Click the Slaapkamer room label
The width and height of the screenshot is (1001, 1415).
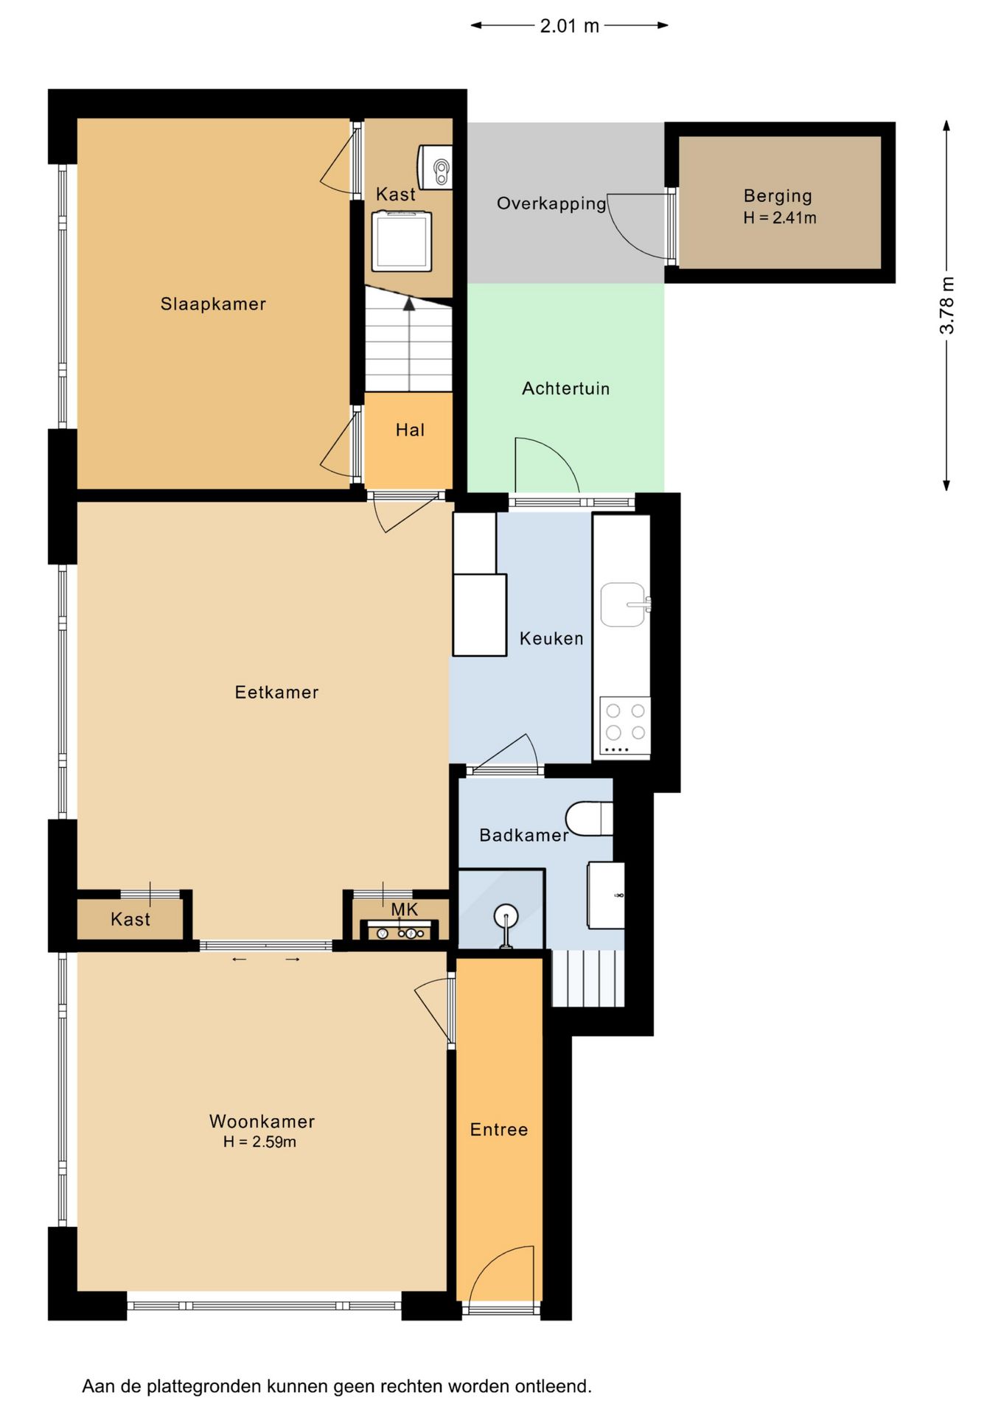click(213, 304)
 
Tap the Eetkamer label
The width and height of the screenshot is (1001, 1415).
click(276, 692)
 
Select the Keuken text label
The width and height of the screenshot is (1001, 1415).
click(551, 638)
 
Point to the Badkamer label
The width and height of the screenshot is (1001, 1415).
click(523, 835)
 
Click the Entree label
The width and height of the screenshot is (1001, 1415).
click(499, 1130)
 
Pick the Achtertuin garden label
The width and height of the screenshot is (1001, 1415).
click(566, 388)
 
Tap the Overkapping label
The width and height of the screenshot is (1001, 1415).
click(551, 203)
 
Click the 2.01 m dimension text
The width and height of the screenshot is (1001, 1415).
click(569, 26)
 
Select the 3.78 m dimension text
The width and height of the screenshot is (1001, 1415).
click(947, 305)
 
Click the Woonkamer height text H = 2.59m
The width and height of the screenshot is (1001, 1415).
click(259, 1142)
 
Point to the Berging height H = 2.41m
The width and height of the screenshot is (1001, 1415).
click(780, 218)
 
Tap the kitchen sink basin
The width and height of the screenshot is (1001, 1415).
click(624, 605)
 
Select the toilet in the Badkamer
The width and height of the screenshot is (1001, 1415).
click(590, 818)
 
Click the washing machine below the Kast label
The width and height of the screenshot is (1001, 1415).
click(402, 241)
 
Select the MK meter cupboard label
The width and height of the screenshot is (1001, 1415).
click(404, 910)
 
